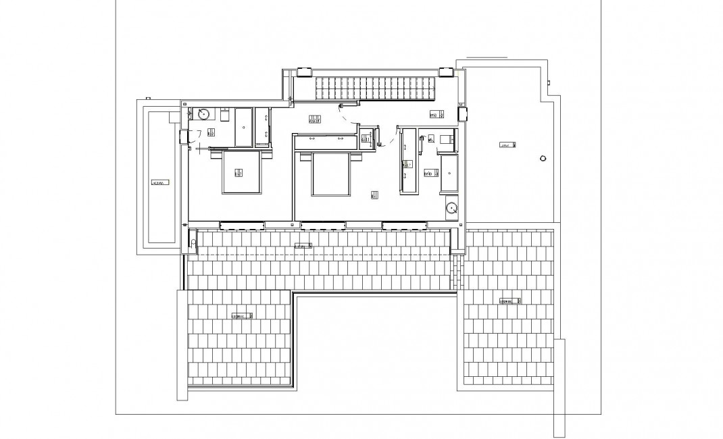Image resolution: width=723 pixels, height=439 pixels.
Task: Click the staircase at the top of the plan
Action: click(x=374, y=86)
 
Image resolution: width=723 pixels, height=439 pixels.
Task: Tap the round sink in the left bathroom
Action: click(x=202, y=113)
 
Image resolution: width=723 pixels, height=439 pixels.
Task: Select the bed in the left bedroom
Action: click(x=242, y=173)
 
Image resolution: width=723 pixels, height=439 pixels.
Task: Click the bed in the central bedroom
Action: click(x=332, y=174)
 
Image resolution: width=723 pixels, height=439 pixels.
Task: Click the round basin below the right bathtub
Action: click(x=452, y=209)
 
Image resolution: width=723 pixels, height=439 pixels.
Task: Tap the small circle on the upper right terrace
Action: click(x=541, y=159)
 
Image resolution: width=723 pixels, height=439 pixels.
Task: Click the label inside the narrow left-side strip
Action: click(x=159, y=182)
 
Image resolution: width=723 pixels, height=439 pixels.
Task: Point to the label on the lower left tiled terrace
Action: click(x=242, y=315)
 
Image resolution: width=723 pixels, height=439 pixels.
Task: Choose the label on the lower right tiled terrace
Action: click(x=509, y=301)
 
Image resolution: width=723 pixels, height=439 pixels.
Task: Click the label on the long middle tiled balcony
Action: click(x=303, y=247)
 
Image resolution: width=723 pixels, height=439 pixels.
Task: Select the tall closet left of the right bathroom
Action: click(x=408, y=162)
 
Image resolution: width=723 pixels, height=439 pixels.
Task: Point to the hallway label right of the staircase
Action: click(x=436, y=115)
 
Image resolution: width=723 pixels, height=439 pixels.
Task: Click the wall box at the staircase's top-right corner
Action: click(x=446, y=72)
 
